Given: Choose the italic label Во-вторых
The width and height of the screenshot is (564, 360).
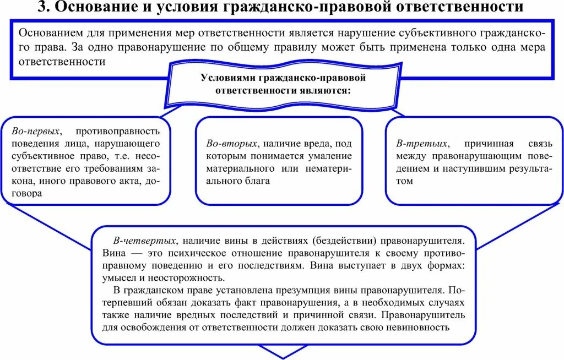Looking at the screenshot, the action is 231,144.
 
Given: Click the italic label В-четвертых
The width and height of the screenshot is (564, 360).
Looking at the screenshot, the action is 145,241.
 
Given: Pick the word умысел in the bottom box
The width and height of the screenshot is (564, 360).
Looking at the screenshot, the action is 118,277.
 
